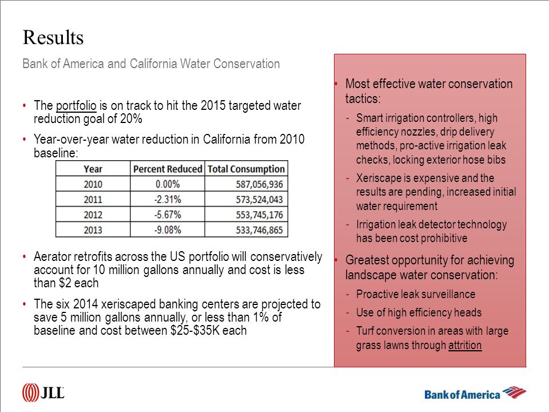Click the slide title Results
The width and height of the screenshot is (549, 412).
pos(53,38)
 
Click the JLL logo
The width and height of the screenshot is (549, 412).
pos(43,393)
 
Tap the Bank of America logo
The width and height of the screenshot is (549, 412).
pos(475,393)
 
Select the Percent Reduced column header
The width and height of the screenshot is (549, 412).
pos(168,169)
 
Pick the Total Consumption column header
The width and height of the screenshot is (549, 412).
pos(246,169)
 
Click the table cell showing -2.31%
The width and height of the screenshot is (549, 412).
pos(168,199)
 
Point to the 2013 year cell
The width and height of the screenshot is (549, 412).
pos(93,230)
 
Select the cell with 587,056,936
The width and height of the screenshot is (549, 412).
pos(259,184)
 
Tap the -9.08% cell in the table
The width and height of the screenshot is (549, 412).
pos(168,230)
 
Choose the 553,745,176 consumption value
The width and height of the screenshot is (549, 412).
pos(259,215)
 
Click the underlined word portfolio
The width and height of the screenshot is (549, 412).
pos(76,105)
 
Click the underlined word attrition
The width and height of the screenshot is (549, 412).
pos(464,345)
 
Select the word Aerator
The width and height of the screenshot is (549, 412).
pos(50,257)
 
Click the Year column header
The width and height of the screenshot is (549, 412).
pos(93,169)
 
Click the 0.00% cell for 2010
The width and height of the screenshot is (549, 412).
pos(168,184)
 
